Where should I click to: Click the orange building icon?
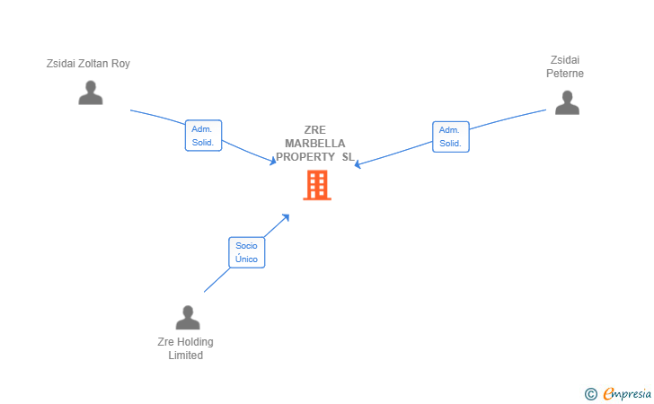click(317, 185)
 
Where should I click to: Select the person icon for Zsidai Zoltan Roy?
click(91, 92)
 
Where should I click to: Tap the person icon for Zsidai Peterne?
click(567, 102)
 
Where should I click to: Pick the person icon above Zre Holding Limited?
click(188, 318)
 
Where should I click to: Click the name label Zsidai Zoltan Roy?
click(88, 64)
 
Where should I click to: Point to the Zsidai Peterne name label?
click(565, 66)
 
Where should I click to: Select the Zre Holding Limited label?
click(186, 348)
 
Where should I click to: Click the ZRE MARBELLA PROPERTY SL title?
click(315, 144)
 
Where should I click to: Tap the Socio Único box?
click(246, 252)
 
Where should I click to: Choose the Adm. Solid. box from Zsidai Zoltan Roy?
click(203, 136)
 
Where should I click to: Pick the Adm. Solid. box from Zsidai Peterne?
click(450, 136)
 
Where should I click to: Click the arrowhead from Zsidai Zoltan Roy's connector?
click(273, 161)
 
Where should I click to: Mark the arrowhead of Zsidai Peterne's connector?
click(358, 164)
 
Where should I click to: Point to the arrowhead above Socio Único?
click(286, 217)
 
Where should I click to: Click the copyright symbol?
click(590, 394)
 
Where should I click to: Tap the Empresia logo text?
click(627, 393)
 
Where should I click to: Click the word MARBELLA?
click(315, 144)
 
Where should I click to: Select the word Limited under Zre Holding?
click(186, 356)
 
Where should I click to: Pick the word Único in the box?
click(246, 259)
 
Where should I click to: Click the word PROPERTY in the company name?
click(305, 157)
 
